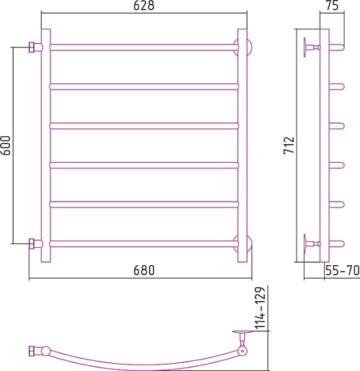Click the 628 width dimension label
(144, 6)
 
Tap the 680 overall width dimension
(144, 270)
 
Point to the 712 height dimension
(289, 146)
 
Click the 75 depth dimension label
(333, 6)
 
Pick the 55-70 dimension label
(343, 270)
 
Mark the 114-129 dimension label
(260, 308)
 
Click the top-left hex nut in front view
(32, 48)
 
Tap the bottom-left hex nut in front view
(32, 243)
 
